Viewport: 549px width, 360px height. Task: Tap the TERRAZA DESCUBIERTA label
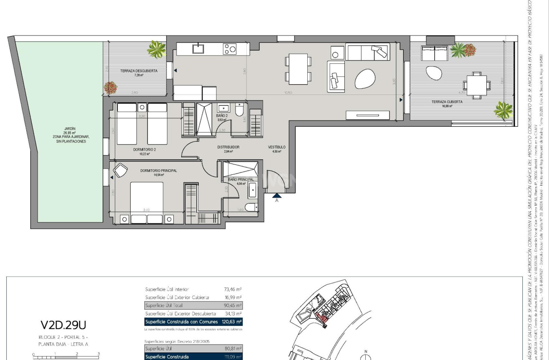[139, 71]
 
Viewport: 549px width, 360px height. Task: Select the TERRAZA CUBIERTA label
[447, 102]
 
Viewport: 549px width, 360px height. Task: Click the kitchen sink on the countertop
[198, 49]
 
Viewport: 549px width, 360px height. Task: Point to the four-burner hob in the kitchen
[230, 49]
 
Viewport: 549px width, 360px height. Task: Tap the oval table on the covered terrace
[434, 73]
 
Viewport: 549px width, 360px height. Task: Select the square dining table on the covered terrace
[476, 85]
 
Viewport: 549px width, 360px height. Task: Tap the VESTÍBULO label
[276, 147]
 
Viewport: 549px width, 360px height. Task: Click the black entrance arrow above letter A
[277, 195]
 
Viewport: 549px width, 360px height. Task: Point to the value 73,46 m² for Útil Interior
[233, 289]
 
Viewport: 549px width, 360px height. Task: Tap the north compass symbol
[366, 356]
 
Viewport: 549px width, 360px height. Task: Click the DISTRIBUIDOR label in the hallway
[228, 147]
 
